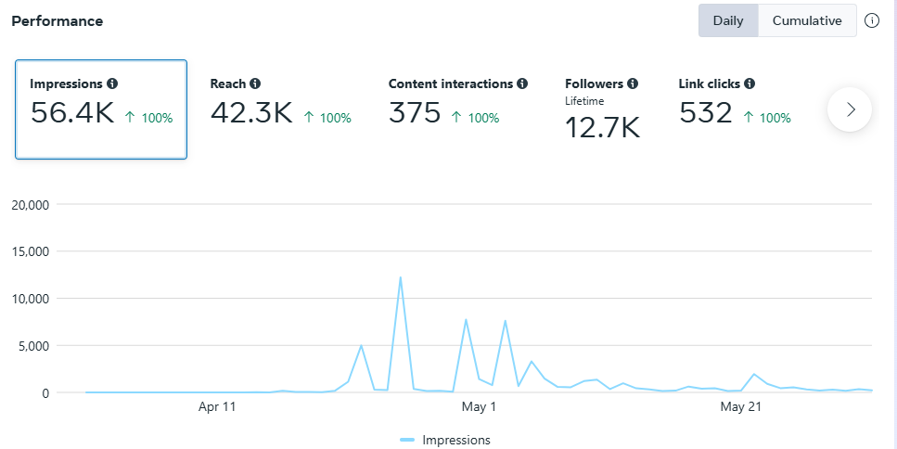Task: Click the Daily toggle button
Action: [x=728, y=20]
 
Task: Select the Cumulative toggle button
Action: [x=807, y=20]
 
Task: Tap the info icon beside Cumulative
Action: [x=872, y=20]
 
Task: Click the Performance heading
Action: [x=58, y=20]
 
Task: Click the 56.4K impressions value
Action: [x=72, y=113]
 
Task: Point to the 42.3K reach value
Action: [x=251, y=113]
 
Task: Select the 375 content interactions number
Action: [x=415, y=113]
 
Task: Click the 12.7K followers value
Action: [x=603, y=128]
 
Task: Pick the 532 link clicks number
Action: [x=707, y=113]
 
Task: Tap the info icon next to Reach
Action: [x=255, y=83]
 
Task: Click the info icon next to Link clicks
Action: [x=750, y=83]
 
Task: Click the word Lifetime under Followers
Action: [x=584, y=100]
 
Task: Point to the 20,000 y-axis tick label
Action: [x=32, y=204]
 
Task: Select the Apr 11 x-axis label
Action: [x=217, y=406]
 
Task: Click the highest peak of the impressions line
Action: [x=400, y=277]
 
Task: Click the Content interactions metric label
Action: [x=451, y=83]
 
